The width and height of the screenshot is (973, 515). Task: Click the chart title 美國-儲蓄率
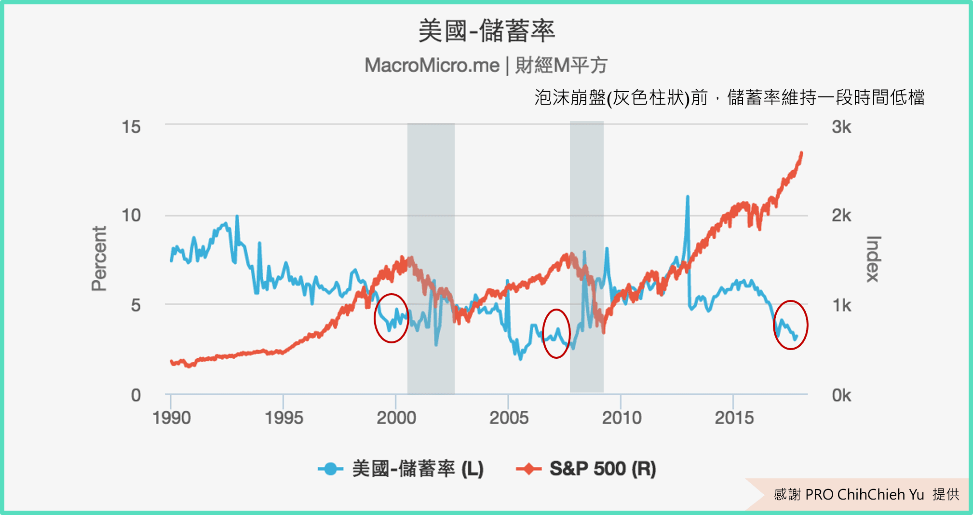(x=486, y=31)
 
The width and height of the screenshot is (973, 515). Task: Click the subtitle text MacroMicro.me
(x=432, y=65)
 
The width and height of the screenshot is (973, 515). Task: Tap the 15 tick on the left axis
(x=131, y=127)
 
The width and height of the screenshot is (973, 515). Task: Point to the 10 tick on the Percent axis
(x=131, y=215)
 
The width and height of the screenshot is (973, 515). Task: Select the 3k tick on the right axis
(x=841, y=127)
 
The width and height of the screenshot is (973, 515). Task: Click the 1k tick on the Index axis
(x=841, y=305)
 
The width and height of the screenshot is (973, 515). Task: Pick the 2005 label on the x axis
(x=509, y=418)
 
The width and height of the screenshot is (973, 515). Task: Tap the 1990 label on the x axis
(x=171, y=418)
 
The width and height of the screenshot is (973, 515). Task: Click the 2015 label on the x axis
(x=734, y=418)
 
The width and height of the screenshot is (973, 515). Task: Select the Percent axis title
(x=99, y=258)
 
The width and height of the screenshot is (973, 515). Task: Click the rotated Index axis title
(x=873, y=259)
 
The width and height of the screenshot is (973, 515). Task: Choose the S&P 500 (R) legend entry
(x=602, y=469)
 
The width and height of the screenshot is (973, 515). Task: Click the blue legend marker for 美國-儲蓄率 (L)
(x=330, y=469)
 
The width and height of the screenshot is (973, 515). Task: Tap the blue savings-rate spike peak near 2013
(x=688, y=197)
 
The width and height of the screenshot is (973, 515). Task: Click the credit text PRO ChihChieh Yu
(x=865, y=494)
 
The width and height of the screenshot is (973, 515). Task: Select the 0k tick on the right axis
(x=841, y=395)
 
